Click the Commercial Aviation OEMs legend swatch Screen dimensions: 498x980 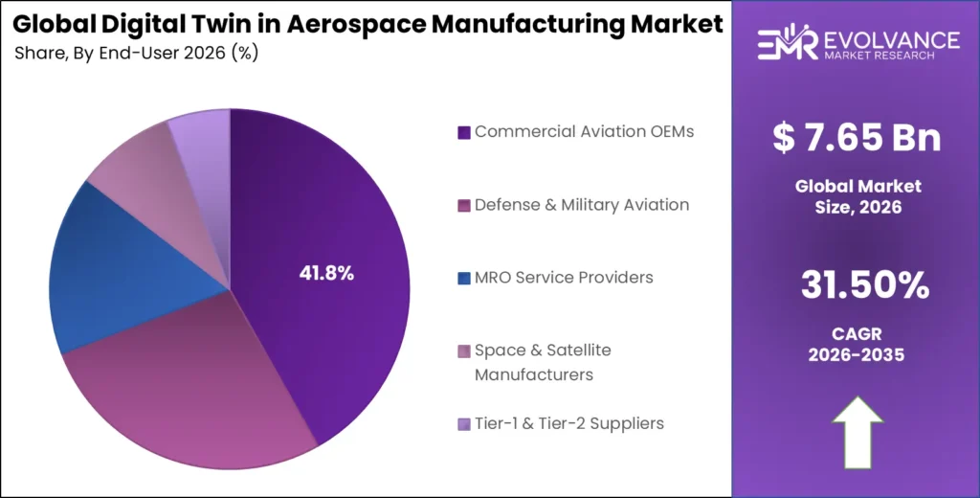tap(464, 132)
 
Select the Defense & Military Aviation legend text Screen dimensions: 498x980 tap(582, 205)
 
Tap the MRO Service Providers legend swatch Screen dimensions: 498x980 tap(464, 278)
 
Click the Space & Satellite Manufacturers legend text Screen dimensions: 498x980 tap(543, 362)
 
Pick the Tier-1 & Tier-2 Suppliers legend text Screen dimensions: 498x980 tap(569, 423)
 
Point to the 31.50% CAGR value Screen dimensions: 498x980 tap(857, 284)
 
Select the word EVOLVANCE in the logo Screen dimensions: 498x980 tap(891, 39)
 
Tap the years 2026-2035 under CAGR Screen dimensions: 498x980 tap(857, 354)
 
